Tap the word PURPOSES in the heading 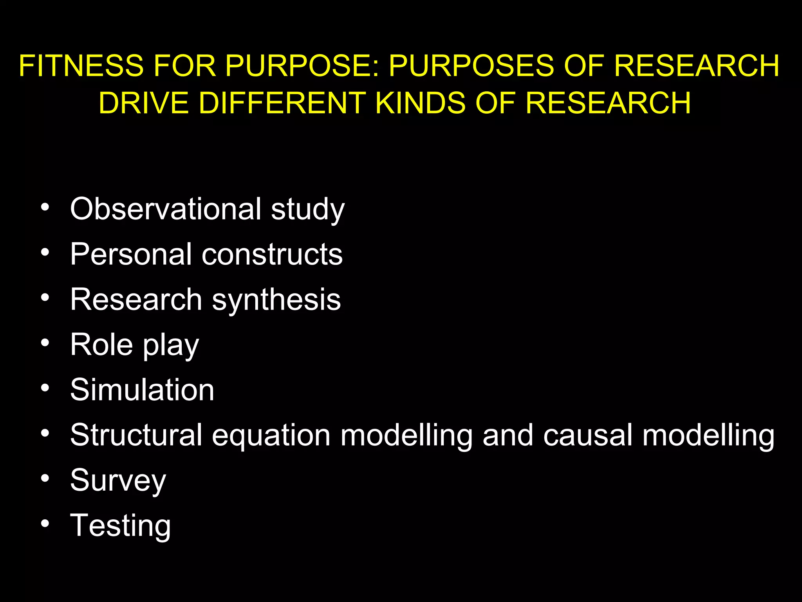coord(471,65)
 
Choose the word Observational coord(166,209)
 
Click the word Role coord(101,345)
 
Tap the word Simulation coord(142,390)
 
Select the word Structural coord(136,435)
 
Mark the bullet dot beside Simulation coord(45,388)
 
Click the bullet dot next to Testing coord(45,524)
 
